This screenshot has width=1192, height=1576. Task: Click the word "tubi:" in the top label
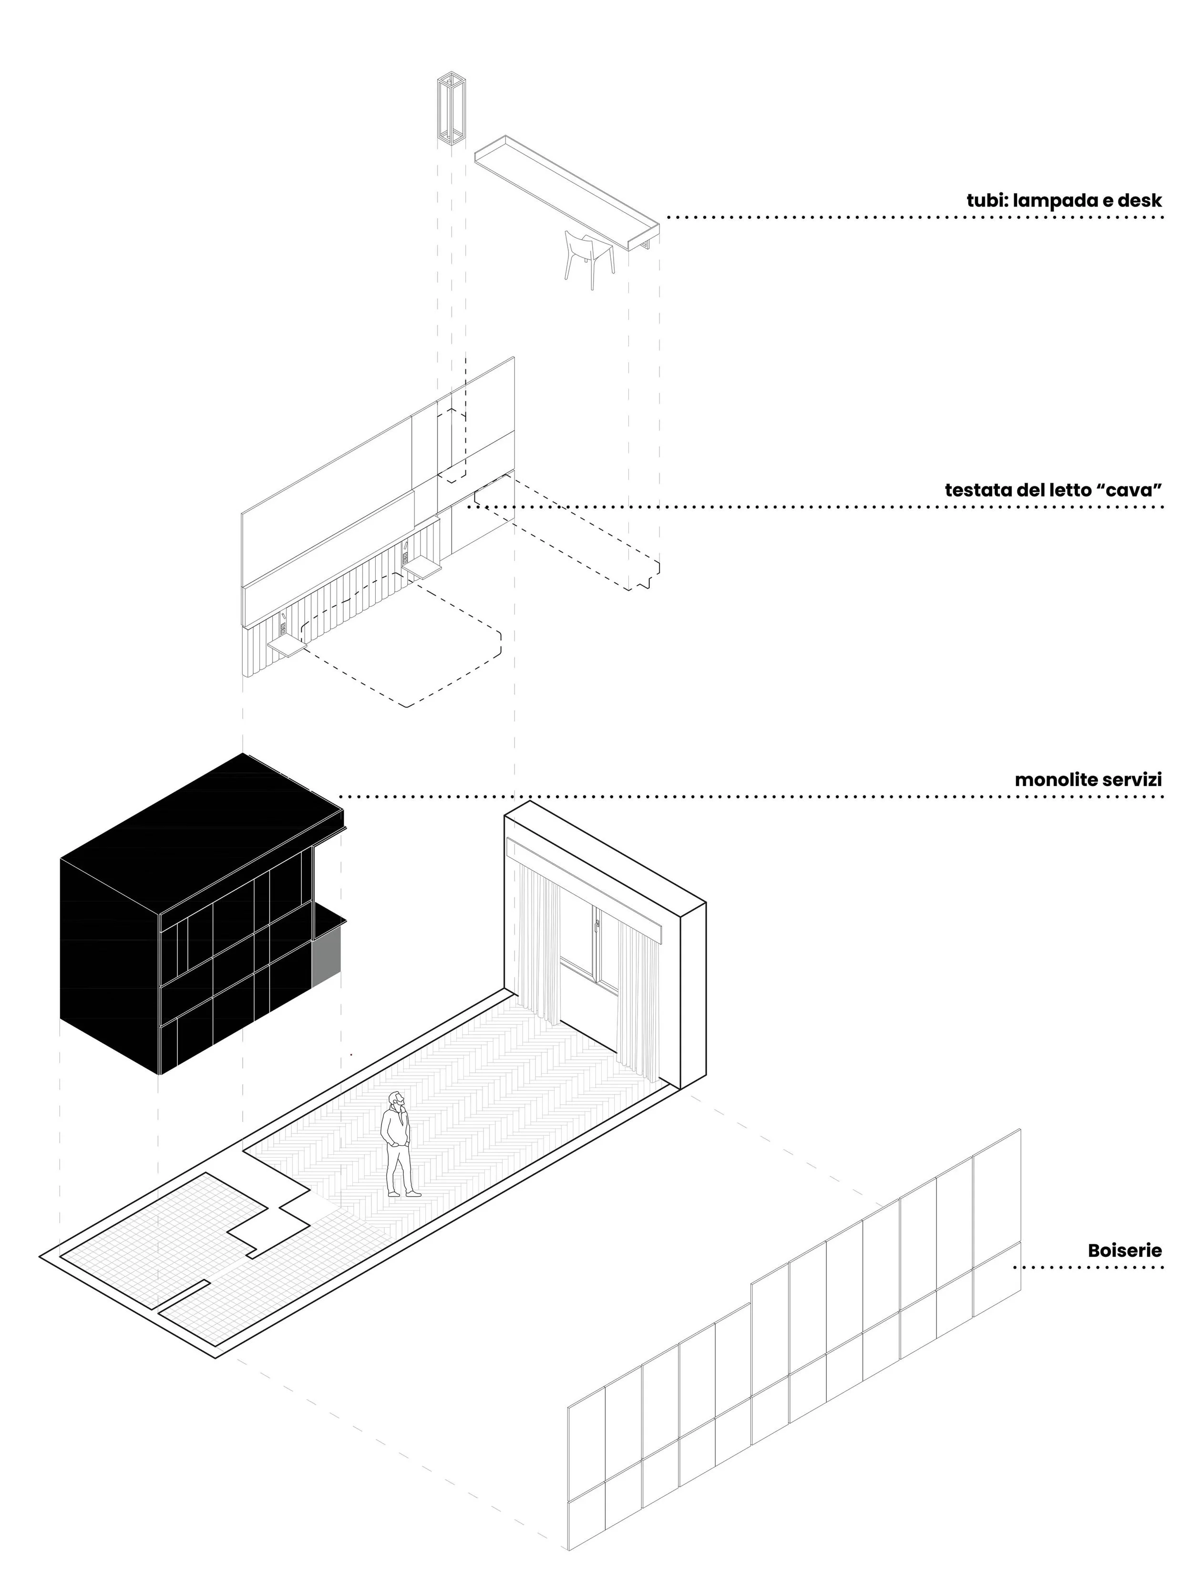(987, 201)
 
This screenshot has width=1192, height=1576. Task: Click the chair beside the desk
(588, 258)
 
